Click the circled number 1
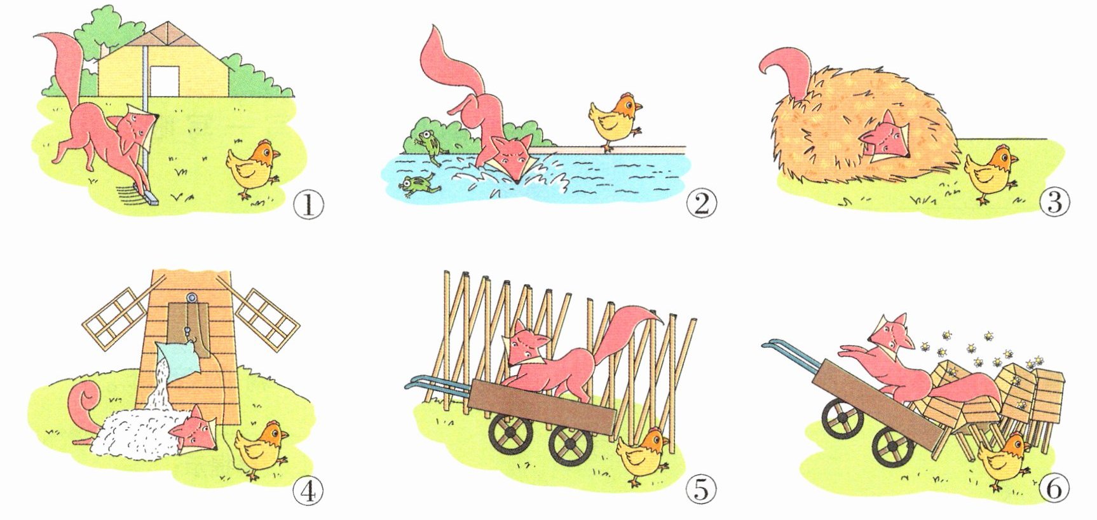coord(308,205)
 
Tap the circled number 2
coord(701,203)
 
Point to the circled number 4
coord(308,491)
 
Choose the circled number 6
coord(1054,488)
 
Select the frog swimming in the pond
coord(419,186)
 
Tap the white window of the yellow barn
coord(165,81)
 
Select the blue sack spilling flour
coord(180,360)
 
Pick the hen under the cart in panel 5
coord(643,456)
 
